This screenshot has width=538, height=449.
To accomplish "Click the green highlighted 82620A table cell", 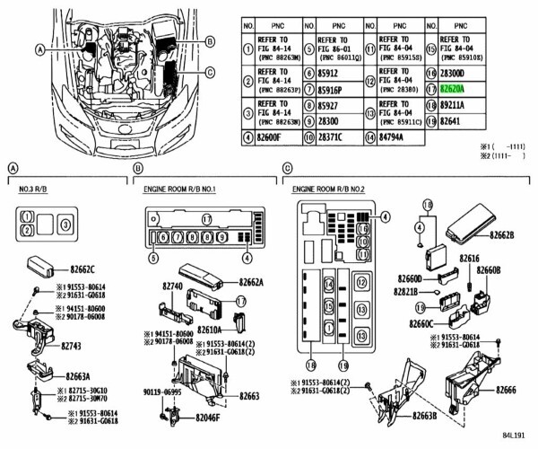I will pyautogui.click(x=451, y=90).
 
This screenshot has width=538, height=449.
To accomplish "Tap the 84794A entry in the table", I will pyautogui.click(x=393, y=137).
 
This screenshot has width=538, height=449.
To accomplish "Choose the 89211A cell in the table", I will pyautogui.click(x=451, y=106).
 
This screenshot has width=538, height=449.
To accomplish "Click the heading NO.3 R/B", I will pyautogui.click(x=35, y=190).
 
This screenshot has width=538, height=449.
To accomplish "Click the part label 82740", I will pyautogui.click(x=173, y=285).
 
